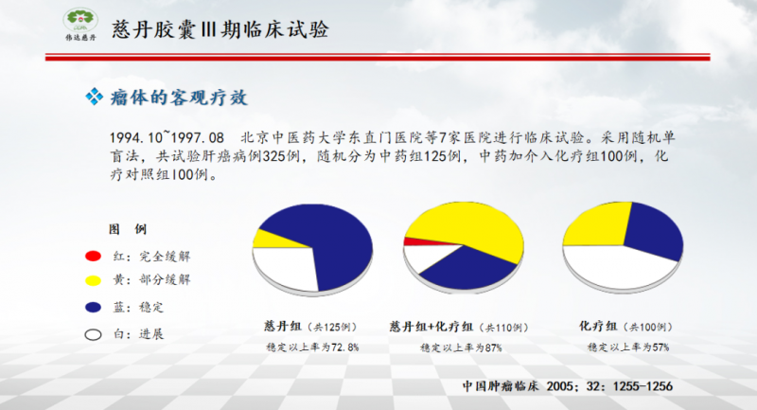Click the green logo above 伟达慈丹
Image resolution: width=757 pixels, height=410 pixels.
point(80,20)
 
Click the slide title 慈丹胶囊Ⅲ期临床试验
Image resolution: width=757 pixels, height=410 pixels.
point(220,29)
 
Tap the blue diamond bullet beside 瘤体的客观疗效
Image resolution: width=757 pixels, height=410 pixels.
point(94,97)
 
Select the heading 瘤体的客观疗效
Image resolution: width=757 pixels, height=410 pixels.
point(179,98)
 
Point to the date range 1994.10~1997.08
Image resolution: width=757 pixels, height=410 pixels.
point(167,137)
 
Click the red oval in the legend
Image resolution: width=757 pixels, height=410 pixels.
point(93,256)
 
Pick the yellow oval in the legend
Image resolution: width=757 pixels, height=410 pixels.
point(93,280)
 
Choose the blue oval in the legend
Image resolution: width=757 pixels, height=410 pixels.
point(93,307)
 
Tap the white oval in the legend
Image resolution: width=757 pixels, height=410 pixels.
point(93,334)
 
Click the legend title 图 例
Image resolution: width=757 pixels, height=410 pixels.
point(128,229)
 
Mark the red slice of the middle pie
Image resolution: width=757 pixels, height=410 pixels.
point(420,241)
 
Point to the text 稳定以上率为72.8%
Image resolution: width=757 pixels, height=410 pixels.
point(312,348)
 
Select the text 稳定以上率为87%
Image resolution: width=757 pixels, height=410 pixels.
point(461,348)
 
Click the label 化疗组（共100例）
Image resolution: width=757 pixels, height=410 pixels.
point(626,327)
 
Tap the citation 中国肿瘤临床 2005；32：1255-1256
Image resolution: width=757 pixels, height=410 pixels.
point(567,386)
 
